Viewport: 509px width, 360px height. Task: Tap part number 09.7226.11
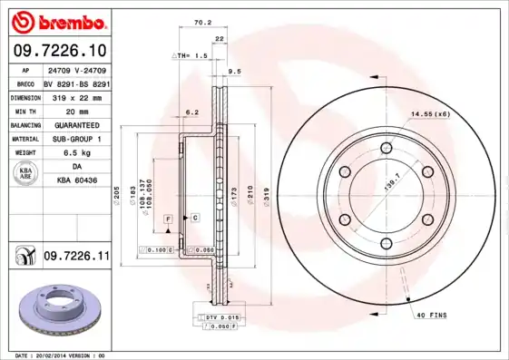76,258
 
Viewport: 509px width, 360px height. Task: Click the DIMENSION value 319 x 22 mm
73,96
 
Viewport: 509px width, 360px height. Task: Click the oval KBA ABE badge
27,174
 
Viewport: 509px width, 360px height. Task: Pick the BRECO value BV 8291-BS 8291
76,82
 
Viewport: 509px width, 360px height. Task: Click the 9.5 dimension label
234,71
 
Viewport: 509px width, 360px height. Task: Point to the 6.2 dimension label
191,112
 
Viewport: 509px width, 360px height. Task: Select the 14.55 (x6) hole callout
431,113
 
